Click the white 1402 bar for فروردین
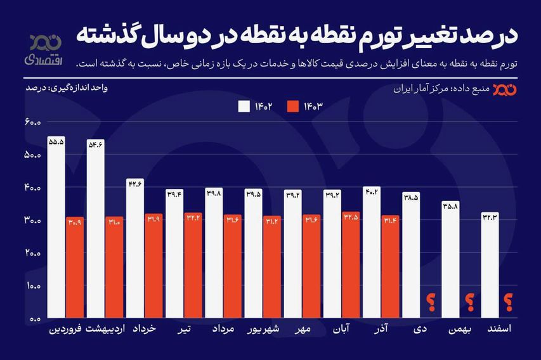[56, 228]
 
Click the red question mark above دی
[431, 304]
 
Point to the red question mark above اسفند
[508, 304]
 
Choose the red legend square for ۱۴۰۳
[294, 106]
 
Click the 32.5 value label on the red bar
[351, 217]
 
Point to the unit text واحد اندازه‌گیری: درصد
[66, 88]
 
